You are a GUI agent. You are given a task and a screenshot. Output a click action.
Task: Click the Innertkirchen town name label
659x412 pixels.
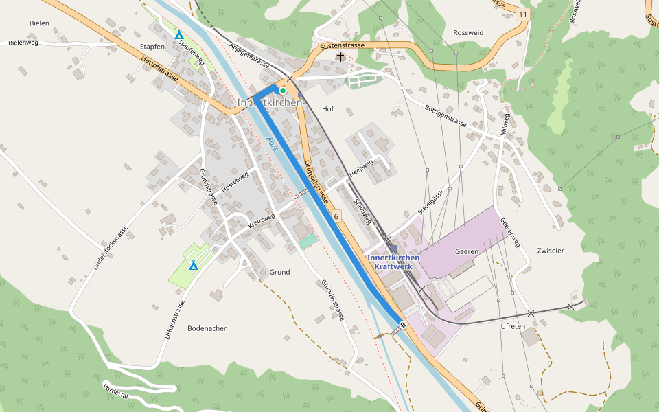click(270, 102)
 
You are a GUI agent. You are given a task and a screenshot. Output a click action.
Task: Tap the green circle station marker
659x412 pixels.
click(282, 90)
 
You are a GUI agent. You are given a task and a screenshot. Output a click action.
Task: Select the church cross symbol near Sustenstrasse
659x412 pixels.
click(340, 57)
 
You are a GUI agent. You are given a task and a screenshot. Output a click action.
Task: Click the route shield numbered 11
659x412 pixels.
click(524, 14)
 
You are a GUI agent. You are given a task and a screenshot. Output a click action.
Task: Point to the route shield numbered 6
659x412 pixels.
click(336, 216)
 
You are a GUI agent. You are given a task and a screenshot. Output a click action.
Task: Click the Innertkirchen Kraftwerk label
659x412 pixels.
click(393, 262)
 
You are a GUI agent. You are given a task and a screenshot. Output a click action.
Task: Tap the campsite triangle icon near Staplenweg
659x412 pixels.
click(179, 36)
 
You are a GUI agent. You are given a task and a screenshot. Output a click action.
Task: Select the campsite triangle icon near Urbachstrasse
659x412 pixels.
click(194, 266)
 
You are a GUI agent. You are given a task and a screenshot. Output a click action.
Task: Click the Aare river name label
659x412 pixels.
click(272, 144)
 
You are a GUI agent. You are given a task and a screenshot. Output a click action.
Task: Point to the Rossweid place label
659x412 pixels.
click(468, 33)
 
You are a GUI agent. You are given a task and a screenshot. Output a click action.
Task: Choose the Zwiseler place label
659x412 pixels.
click(551, 251)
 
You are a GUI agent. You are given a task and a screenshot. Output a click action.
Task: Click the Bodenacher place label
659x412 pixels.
click(207, 328)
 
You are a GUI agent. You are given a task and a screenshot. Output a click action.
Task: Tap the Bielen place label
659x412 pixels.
click(39, 23)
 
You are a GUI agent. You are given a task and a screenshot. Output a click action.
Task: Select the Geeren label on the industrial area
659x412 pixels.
click(466, 252)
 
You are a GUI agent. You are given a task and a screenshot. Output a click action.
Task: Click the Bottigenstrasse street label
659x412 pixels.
click(446, 116)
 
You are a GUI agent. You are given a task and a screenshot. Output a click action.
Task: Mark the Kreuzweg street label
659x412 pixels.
click(261, 220)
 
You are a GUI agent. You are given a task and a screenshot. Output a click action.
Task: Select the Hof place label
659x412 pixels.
click(327, 109)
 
